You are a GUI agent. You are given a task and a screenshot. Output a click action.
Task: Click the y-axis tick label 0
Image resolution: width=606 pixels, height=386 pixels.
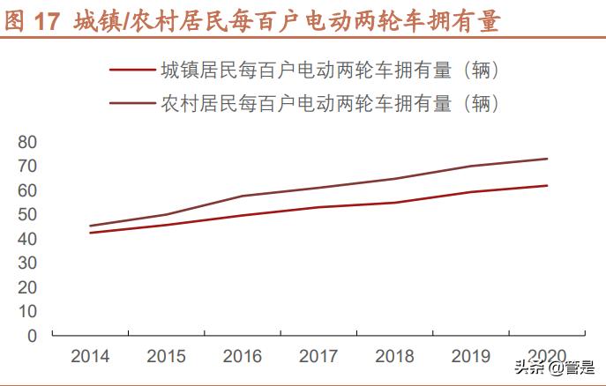pyautogui.click(x=33, y=336)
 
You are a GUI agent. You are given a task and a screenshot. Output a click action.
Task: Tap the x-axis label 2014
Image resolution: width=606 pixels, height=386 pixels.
pyautogui.click(x=90, y=356)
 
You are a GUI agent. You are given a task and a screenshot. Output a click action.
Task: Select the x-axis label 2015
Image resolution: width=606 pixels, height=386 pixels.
pyautogui.click(x=166, y=356)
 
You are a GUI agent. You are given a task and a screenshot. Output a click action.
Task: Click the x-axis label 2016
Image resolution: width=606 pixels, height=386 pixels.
pyautogui.click(x=243, y=356)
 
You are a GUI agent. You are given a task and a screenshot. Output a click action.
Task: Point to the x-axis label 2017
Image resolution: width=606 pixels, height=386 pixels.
pyautogui.click(x=318, y=356)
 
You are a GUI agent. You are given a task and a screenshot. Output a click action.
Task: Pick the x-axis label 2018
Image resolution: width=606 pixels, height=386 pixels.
pyautogui.click(x=394, y=356)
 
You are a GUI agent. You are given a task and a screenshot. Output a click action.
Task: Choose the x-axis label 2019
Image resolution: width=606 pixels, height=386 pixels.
pyautogui.click(x=471, y=356)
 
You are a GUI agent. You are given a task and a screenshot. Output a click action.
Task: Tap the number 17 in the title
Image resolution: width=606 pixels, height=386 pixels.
pyautogui.click(x=45, y=21)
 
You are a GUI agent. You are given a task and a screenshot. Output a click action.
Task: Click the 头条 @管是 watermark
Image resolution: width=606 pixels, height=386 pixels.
pyautogui.click(x=559, y=369)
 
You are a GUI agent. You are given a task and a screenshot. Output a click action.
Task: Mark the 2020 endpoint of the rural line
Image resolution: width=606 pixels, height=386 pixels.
pyautogui.click(x=547, y=159)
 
